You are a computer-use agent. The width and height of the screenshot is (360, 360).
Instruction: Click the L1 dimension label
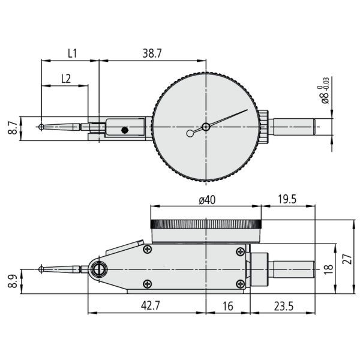[x=72, y=53]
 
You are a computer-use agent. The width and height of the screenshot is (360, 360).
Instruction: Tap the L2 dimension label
[x=66, y=79]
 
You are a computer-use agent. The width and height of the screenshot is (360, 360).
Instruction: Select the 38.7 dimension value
[x=152, y=53]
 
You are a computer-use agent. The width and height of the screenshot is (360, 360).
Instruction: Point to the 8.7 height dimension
[x=13, y=128]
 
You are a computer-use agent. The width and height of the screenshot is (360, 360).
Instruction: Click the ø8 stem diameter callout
[x=325, y=91]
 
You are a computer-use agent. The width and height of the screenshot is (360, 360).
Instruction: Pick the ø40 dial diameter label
[x=207, y=200]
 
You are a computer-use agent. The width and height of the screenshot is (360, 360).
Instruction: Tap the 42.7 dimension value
[x=151, y=305]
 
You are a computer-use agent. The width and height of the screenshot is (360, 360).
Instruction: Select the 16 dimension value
[x=228, y=306]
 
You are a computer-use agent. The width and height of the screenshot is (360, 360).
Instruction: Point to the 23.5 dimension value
[x=284, y=306]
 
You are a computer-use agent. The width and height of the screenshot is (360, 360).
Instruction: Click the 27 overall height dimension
[x=347, y=259]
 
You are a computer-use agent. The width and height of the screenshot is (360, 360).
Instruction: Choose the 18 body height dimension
[x=328, y=269]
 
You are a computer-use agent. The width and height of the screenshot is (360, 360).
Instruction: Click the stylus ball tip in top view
[x=41, y=127]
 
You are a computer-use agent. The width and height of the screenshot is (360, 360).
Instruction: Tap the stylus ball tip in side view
[x=41, y=269]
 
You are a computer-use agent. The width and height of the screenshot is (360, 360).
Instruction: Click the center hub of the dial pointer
[x=206, y=127]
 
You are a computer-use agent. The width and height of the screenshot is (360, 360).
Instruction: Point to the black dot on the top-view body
[x=124, y=130]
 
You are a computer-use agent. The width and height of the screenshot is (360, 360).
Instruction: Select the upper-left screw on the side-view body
[x=147, y=249]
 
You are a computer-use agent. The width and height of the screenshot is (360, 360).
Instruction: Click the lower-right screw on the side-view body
[x=241, y=284]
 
